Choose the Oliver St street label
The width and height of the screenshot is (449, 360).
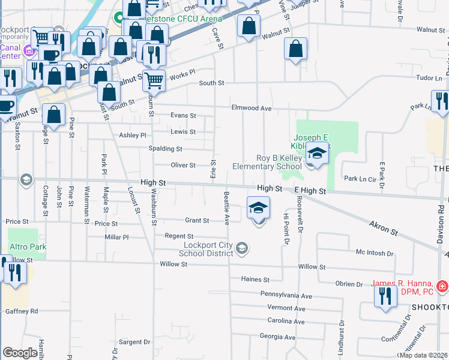tap(183, 165)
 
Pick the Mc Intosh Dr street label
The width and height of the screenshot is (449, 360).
tap(374, 253)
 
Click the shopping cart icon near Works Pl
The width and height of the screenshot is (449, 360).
tap(154, 79)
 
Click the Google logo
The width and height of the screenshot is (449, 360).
tap(20, 353)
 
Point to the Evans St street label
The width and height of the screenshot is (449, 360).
tap(183, 115)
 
